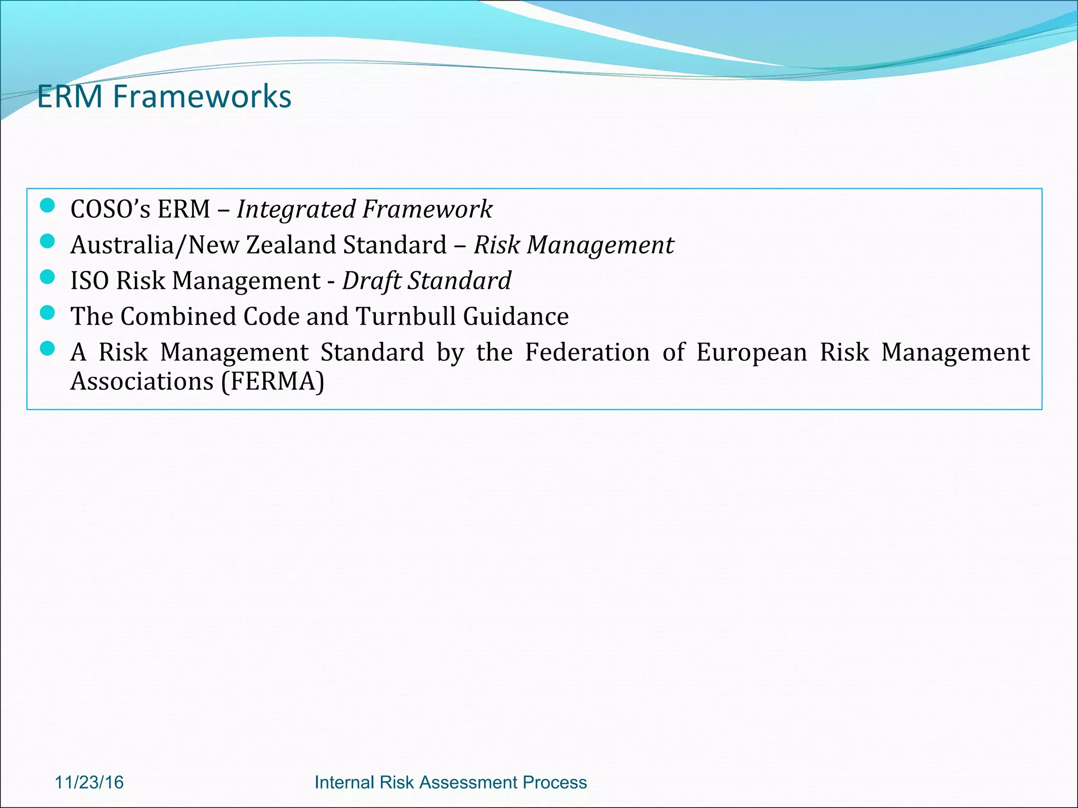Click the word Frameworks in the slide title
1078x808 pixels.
point(202,97)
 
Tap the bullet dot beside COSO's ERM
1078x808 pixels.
point(47,206)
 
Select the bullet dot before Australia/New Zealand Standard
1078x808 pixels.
point(47,241)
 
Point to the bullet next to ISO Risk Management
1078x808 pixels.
point(47,277)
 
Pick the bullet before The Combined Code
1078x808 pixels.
point(47,313)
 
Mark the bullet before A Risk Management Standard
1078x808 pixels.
point(47,349)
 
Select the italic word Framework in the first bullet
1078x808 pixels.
point(427,209)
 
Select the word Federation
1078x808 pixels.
point(587,352)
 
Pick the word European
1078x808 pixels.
point(751,352)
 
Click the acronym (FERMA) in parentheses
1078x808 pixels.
point(272,381)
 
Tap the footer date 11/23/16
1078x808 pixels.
point(89,782)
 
